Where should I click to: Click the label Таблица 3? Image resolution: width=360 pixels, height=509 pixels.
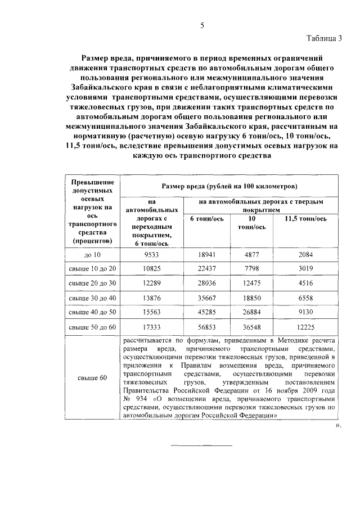(x=324, y=39)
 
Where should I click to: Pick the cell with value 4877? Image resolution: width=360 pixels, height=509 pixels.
(x=251, y=255)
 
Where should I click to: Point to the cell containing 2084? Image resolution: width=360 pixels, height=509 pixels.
(x=305, y=255)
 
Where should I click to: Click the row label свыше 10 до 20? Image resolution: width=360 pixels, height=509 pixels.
(x=92, y=269)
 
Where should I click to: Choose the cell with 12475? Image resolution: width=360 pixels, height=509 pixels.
(x=251, y=283)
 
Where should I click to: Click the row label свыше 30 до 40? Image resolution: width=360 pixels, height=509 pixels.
(x=92, y=298)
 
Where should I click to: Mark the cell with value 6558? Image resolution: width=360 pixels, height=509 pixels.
(x=305, y=298)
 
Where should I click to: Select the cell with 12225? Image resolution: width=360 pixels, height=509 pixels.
(x=305, y=326)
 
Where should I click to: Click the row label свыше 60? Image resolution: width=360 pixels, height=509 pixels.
(x=92, y=378)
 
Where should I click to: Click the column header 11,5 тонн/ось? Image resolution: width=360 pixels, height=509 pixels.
(x=305, y=219)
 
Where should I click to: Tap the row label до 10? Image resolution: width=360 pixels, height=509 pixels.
(x=92, y=255)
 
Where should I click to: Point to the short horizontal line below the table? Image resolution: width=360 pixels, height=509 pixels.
(x=201, y=446)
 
